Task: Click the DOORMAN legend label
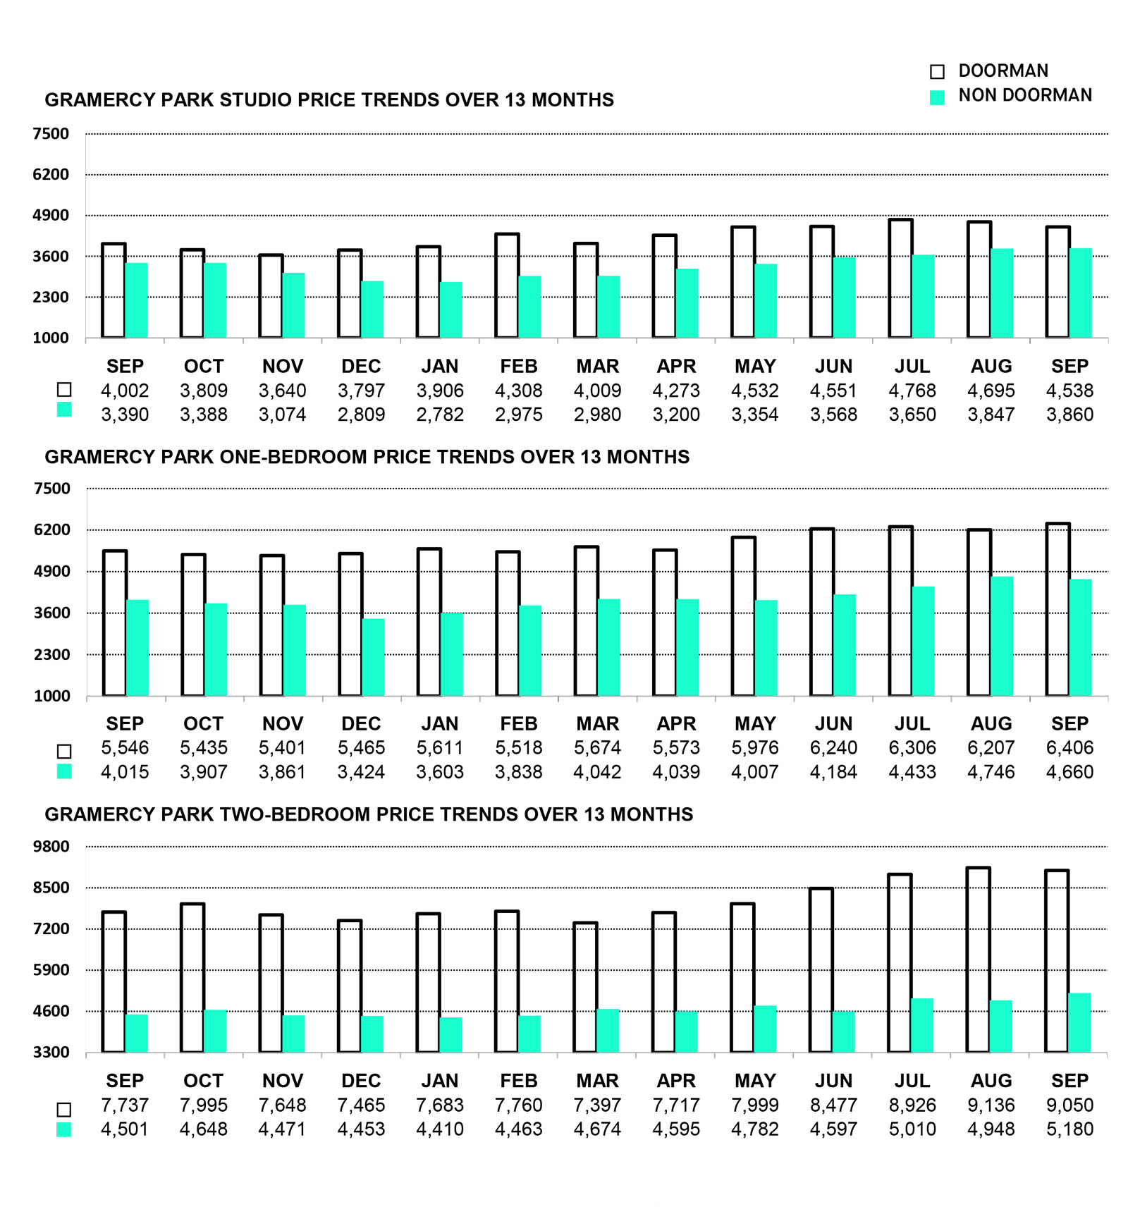[1003, 71]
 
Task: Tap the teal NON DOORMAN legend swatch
[937, 97]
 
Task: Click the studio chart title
[329, 100]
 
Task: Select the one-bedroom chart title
[367, 457]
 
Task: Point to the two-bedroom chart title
[369, 814]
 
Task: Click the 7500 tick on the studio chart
[51, 134]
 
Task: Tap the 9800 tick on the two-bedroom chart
[51, 846]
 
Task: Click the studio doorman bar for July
[900, 278]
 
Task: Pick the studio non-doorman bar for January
[451, 310]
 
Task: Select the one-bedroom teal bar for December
[373, 657]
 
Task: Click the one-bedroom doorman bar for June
[821, 612]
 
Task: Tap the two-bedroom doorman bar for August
[978, 960]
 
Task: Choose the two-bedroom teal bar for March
[608, 1031]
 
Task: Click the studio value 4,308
[518, 391]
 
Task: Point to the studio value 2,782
[440, 415]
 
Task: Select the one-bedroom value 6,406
[1069, 747]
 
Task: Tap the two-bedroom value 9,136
[991, 1105]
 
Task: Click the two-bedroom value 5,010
[912, 1129]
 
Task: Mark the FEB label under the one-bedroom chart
[518, 723]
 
